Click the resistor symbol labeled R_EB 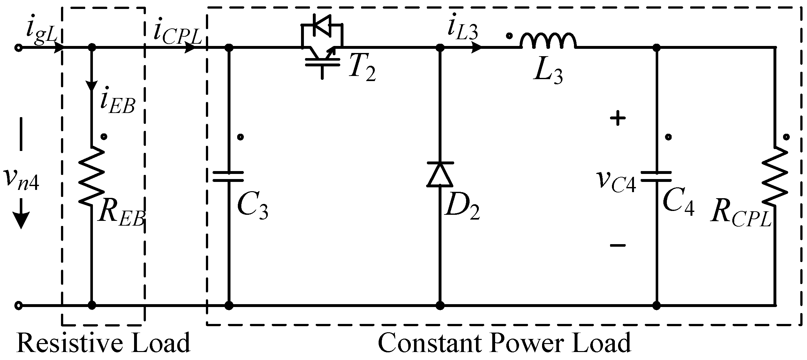pos(92,176)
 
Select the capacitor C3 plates pos(229,176)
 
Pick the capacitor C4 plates pos(657,176)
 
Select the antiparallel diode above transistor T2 pos(321,25)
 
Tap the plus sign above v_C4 pos(618,119)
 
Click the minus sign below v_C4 pos(618,245)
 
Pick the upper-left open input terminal pos(19,48)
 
